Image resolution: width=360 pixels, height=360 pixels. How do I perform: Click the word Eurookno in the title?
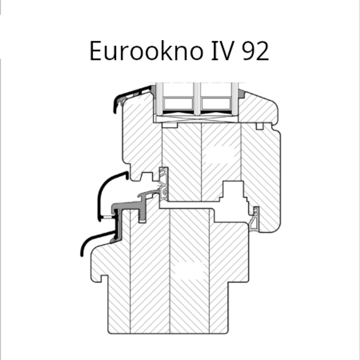point(146,51)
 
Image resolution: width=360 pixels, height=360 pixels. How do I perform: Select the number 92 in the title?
point(256,51)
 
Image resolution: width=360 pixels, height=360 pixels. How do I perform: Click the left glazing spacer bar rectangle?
point(178,104)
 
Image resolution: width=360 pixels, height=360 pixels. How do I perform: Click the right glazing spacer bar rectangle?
point(216,104)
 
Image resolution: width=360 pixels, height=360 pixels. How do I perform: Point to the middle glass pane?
point(197,99)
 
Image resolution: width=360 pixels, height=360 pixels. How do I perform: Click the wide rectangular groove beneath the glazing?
point(170,125)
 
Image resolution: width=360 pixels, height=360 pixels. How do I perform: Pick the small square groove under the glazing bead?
point(260,126)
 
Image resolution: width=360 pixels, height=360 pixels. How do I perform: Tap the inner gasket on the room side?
point(255,219)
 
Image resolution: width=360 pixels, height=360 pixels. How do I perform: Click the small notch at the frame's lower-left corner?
point(104,278)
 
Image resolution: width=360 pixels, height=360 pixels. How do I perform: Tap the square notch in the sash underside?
point(147,176)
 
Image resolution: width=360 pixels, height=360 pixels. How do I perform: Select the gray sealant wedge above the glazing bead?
point(241,94)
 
